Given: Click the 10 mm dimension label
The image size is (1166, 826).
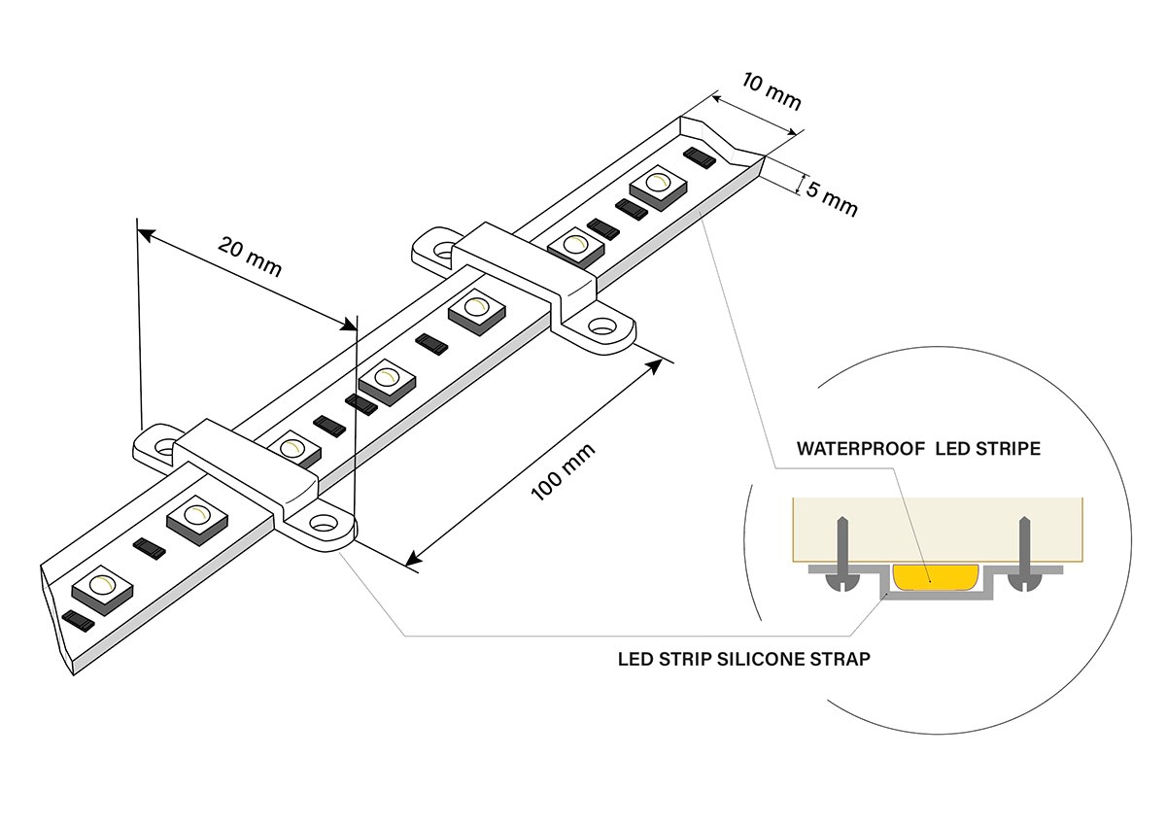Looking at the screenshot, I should coord(772,90).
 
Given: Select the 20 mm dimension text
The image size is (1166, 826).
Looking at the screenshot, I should coord(250,258).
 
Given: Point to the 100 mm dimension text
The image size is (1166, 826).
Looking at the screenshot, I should coord(564,472).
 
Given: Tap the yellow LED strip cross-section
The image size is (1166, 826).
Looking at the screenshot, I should coord(934,577).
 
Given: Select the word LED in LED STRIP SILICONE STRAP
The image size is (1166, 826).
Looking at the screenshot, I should coord(634,659).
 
